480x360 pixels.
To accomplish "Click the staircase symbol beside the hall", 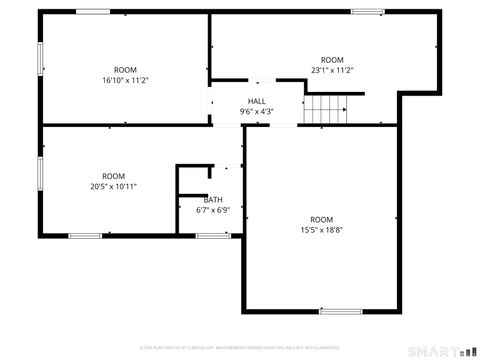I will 327,107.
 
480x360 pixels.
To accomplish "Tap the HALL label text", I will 257,102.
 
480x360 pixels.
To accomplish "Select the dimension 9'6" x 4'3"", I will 257,112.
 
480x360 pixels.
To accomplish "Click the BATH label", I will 213,200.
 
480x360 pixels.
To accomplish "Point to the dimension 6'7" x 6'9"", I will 213,210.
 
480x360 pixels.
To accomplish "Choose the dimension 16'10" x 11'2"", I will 125,80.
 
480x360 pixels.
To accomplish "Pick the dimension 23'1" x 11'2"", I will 332,70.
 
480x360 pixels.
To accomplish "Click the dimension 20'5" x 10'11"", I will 113,186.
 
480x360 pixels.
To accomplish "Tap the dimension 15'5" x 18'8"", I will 320,230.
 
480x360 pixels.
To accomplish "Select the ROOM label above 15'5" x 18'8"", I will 320,220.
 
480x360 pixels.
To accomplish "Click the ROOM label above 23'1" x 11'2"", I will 332,60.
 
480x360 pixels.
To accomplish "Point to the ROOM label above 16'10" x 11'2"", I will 125,70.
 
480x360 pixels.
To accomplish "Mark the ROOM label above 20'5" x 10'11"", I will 113,176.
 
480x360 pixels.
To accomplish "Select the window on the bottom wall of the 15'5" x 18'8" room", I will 340,311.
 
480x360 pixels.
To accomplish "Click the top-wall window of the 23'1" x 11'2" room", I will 367,12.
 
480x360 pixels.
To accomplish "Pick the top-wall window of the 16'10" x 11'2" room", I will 92,12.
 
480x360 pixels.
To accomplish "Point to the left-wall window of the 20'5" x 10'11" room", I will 40,173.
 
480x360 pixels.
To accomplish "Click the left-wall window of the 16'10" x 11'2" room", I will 40,57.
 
